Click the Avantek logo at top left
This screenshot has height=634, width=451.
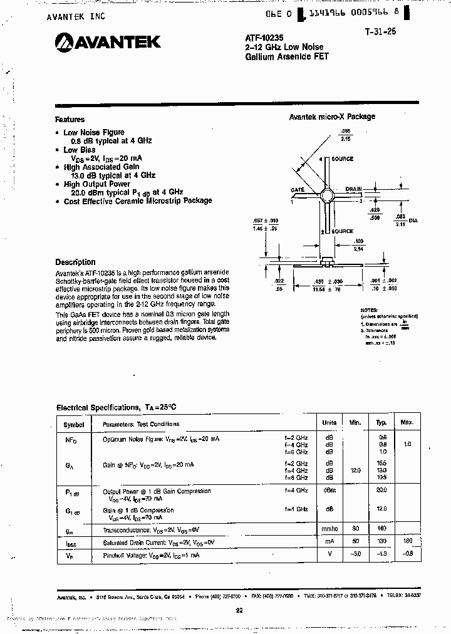[108, 42]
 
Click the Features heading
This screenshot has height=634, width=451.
[70, 120]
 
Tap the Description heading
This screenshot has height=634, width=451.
[75, 262]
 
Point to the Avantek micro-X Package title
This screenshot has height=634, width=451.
[332, 117]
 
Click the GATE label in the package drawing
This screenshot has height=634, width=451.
[298, 189]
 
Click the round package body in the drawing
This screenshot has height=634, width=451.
[326, 194]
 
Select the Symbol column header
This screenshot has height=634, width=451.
[74, 424]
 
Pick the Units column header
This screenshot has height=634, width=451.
[329, 424]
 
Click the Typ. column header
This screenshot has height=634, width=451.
[381, 424]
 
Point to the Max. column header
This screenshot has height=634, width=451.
[407, 424]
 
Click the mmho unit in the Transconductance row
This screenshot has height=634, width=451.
[329, 529]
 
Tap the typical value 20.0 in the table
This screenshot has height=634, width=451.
[381, 491]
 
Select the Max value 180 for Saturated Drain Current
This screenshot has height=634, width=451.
[408, 541]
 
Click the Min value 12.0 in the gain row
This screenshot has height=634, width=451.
[355, 470]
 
